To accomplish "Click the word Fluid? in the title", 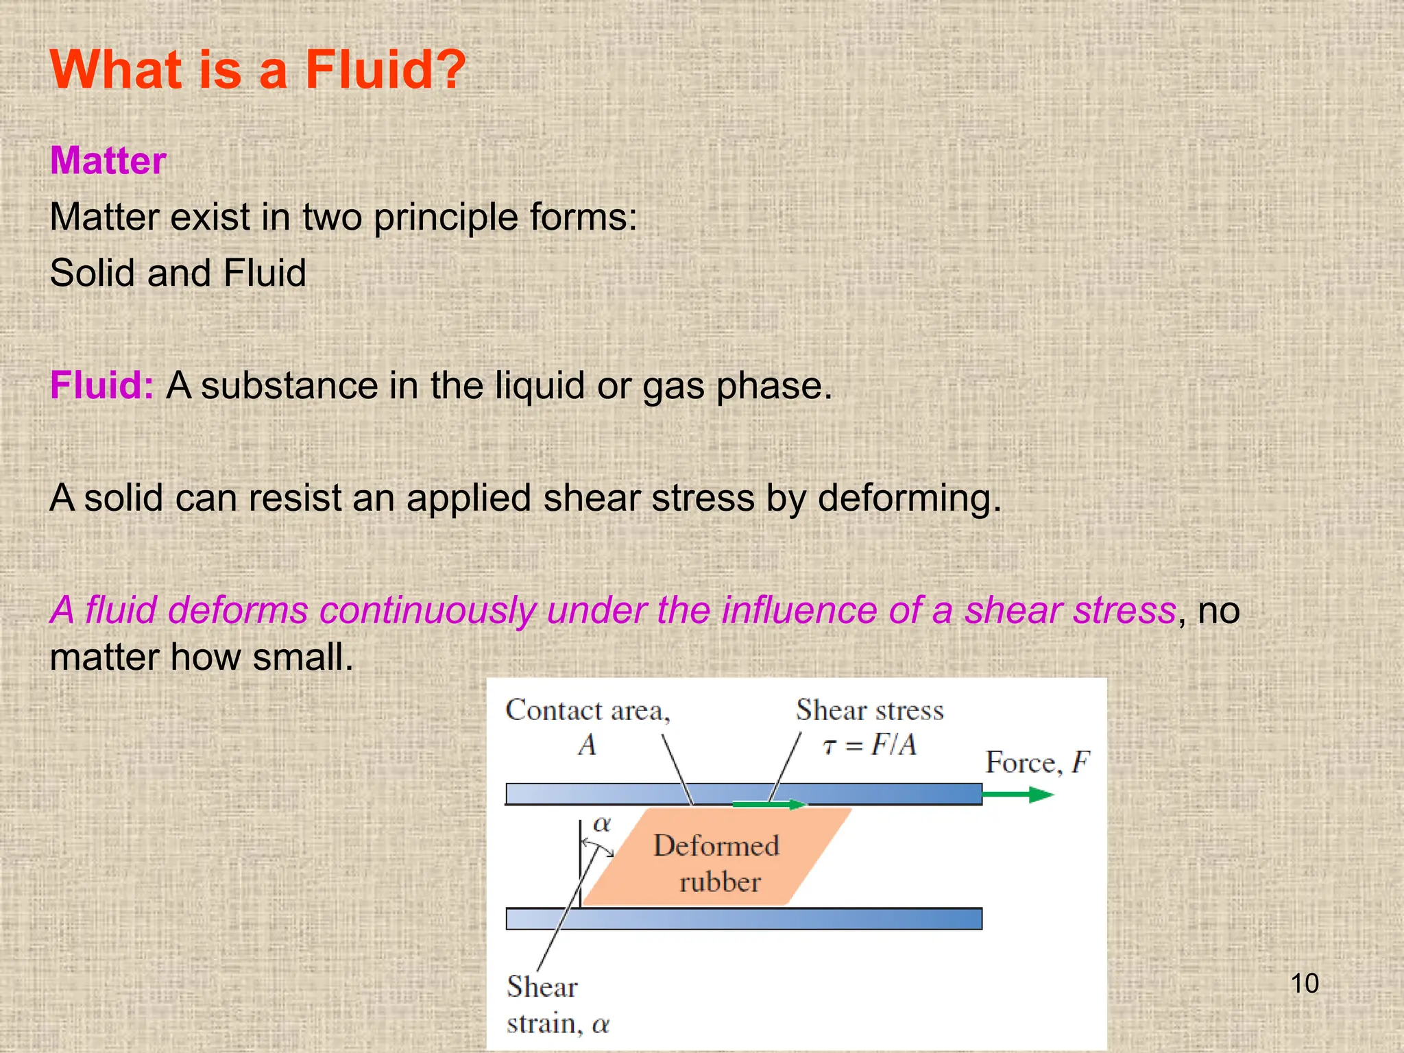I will tap(385, 70).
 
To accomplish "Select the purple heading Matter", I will tap(108, 161).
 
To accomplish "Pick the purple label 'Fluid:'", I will tap(101, 385).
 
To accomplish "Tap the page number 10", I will tap(1304, 984).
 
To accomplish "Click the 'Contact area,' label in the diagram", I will tap(588, 710).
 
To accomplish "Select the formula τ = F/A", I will tap(869, 745).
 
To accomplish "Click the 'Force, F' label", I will tap(1037, 762).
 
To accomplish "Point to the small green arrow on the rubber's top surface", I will tap(768, 804).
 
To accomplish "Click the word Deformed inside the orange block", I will tap(716, 846).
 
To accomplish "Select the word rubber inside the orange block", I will tap(720, 882).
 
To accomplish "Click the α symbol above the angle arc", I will tap(602, 824).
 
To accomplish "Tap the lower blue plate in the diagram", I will tap(744, 919).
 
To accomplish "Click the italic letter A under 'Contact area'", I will tap(587, 745).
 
